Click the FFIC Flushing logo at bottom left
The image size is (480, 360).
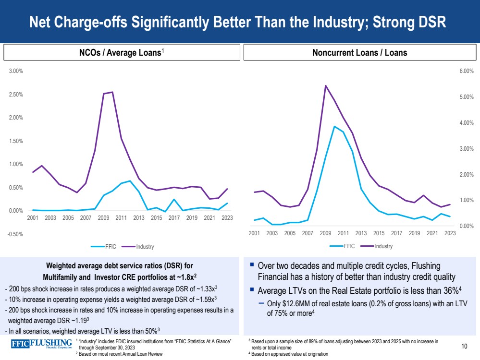(42, 344)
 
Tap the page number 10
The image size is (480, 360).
(464, 346)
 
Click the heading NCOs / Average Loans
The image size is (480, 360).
(120, 53)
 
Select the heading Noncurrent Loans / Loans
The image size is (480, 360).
(359, 53)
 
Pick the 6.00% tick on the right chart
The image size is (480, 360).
(467, 71)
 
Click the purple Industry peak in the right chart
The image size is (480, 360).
(326, 86)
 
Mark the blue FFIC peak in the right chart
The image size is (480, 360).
(334, 126)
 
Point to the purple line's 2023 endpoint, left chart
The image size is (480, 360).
(227, 189)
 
